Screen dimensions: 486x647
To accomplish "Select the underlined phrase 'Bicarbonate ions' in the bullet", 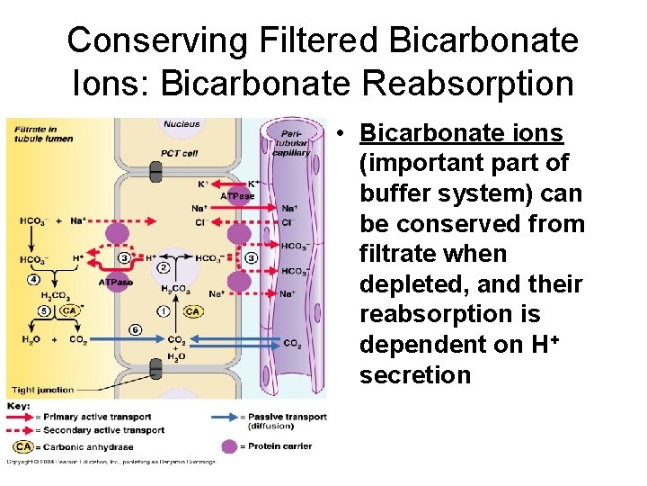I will click(x=461, y=133).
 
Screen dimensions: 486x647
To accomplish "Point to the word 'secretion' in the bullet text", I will click(x=415, y=374).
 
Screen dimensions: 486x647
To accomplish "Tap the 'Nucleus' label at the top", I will click(x=182, y=123).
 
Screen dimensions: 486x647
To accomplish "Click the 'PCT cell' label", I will click(x=180, y=153).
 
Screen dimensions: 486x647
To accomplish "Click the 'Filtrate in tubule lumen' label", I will click(x=43, y=134).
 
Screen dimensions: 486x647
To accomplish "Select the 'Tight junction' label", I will click(x=42, y=390).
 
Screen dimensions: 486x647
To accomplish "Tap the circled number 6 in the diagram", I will click(x=135, y=329).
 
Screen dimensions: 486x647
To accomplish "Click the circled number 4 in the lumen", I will click(x=33, y=279).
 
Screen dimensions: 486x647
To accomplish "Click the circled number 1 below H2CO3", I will click(x=163, y=311).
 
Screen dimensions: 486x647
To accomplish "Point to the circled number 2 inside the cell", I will click(x=163, y=267).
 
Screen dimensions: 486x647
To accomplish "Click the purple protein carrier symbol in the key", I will click(x=230, y=446).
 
